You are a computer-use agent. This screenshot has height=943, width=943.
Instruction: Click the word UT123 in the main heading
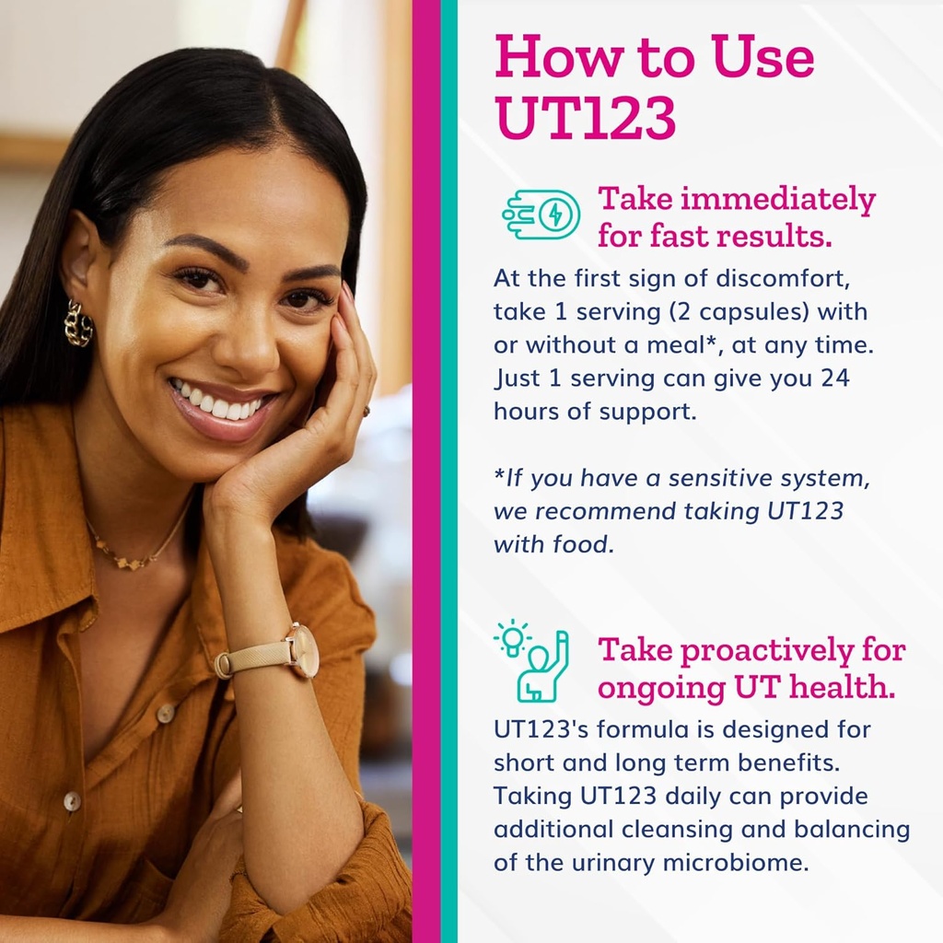pyautogui.click(x=586, y=117)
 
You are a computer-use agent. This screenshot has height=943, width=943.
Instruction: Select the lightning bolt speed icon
pyautogui.click(x=541, y=215)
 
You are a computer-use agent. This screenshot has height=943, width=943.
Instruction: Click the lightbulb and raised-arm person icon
pyautogui.click(x=532, y=660)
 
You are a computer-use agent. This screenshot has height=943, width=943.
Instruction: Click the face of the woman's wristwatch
pyautogui.click(x=303, y=651)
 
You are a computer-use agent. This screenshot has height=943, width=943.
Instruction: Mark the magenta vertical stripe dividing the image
pyautogui.click(x=425, y=471)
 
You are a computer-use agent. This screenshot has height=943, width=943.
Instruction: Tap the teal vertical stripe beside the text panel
pyautogui.click(x=448, y=471)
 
